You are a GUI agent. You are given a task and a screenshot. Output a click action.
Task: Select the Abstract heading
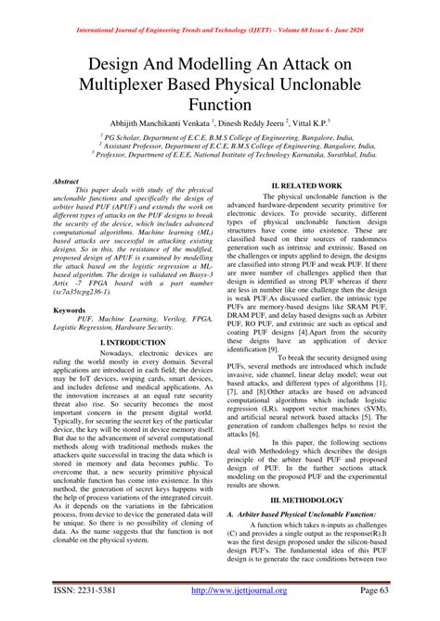pyautogui.click(x=67, y=183)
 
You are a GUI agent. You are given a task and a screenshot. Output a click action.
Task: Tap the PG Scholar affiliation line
pyautogui.click(x=220, y=134)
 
